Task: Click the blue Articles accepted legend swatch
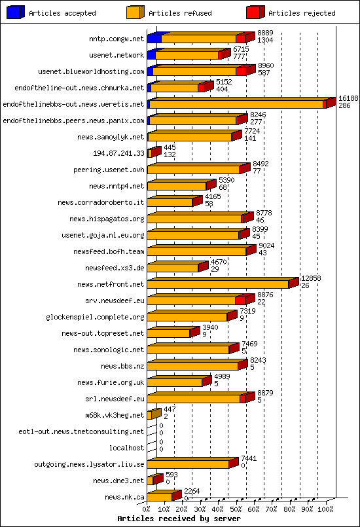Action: click(15, 12)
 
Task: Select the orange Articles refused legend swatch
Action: click(135, 12)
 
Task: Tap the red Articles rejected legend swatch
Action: click(255, 12)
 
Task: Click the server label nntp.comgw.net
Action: click(117, 39)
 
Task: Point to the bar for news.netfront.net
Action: click(218, 284)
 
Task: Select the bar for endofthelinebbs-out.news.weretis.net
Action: click(236, 104)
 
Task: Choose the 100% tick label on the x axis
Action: click(325, 508)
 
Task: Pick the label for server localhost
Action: click(126, 448)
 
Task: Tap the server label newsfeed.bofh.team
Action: click(109, 251)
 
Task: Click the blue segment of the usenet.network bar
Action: click(151, 55)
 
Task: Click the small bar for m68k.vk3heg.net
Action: click(151, 415)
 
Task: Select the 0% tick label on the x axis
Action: click(147, 508)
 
